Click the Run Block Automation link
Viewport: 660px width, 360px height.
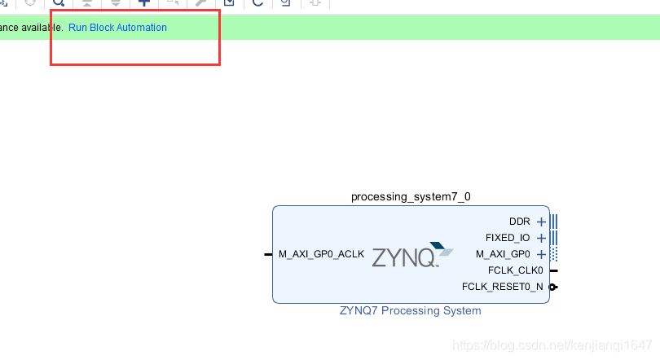tap(117, 28)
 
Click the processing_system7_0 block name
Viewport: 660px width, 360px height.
tap(411, 196)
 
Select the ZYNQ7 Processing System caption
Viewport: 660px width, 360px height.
tap(410, 310)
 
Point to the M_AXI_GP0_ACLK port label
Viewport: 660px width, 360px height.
tap(321, 254)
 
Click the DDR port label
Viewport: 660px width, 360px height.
tap(519, 222)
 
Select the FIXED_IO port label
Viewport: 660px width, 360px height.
tap(507, 238)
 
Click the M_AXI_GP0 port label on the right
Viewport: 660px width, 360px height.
tap(503, 254)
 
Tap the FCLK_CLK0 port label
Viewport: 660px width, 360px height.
tap(515, 270)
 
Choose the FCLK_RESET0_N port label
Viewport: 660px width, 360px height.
tap(502, 287)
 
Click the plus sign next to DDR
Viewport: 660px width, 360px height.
tap(541, 222)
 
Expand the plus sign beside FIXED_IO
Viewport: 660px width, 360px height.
tap(541, 238)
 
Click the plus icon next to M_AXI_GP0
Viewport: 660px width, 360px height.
tap(541, 254)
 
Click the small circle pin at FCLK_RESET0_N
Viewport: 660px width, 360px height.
tap(553, 287)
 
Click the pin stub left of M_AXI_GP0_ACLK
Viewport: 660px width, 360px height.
tap(268, 254)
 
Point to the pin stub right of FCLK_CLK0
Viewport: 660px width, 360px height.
tap(554, 270)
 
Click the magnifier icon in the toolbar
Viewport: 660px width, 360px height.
tap(59, 3)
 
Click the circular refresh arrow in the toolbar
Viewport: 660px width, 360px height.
tap(257, 3)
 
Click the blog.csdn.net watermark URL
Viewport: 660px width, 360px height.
tap(552, 345)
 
